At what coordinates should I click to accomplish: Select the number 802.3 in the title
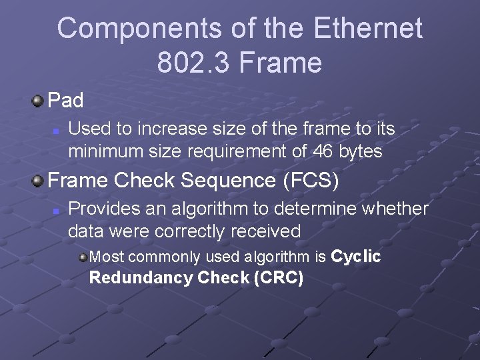pos(193,63)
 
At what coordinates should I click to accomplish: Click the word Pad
pos(66,101)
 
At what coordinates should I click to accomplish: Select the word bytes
pos(360,152)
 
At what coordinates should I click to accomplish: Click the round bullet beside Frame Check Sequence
pos(39,180)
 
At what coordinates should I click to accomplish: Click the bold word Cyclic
pos(356,257)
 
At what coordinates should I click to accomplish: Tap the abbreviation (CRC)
pos(279,278)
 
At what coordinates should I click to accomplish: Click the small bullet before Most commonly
pos(83,257)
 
